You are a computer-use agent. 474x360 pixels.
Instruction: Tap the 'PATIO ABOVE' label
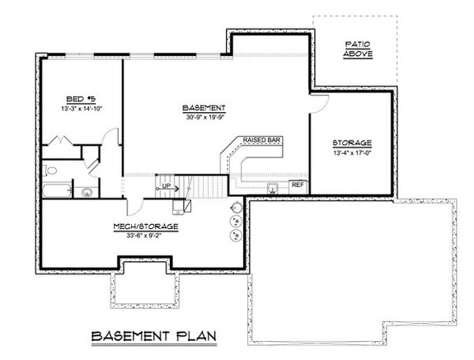(x=359, y=49)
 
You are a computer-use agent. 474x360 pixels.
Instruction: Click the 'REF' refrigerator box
(x=298, y=185)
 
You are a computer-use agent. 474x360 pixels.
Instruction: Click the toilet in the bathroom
(x=52, y=170)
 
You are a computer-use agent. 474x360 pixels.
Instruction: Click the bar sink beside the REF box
(x=271, y=186)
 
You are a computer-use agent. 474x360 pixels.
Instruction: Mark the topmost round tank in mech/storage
(x=236, y=209)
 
